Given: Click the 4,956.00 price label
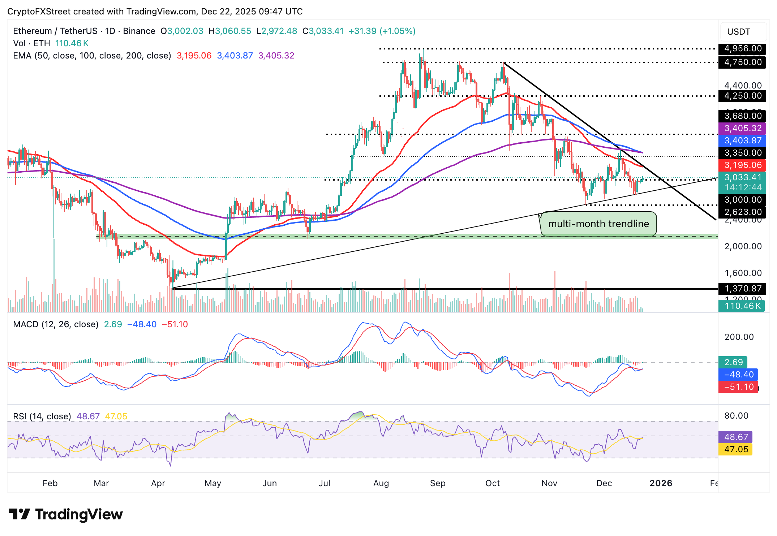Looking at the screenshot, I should pyautogui.click(x=742, y=49).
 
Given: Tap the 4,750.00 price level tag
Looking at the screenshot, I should pyautogui.click(x=742, y=62).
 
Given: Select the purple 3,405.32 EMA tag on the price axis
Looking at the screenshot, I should pyautogui.click(x=742, y=128).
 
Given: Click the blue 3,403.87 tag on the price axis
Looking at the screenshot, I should pyautogui.click(x=742, y=141).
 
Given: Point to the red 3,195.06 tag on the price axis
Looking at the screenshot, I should pyautogui.click(x=742, y=165).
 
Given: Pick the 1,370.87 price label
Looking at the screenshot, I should pyautogui.click(x=742, y=289).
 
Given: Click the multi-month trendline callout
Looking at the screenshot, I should pyautogui.click(x=598, y=224).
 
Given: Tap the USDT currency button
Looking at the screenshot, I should pyautogui.click(x=739, y=32).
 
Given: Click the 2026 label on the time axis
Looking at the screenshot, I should pyautogui.click(x=661, y=483).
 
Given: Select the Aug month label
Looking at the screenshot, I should pyautogui.click(x=381, y=483).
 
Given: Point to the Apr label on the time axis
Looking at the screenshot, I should pyautogui.click(x=158, y=483).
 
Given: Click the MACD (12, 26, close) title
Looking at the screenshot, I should pyautogui.click(x=56, y=324).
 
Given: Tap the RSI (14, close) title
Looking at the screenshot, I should pyautogui.click(x=42, y=416).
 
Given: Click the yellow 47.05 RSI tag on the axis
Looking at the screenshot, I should pyautogui.click(x=736, y=449).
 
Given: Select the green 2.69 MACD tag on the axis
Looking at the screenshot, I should pyautogui.click(x=733, y=362).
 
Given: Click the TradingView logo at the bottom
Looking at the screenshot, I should pyautogui.click(x=65, y=514).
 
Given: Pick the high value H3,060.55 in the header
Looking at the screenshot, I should pyautogui.click(x=230, y=31).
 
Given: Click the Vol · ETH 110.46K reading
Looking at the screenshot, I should pyautogui.click(x=51, y=43).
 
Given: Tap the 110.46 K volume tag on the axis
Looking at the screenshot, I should pyautogui.click(x=742, y=306).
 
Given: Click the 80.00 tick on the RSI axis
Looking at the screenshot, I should pyautogui.click(x=736, y=416).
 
